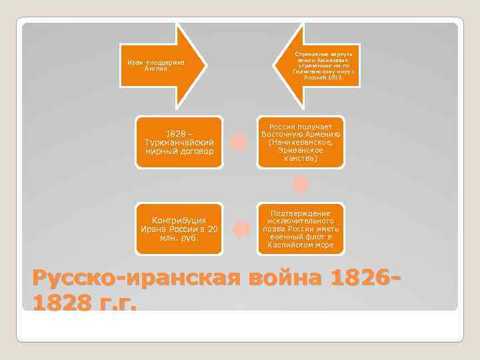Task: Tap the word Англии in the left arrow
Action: click(x=155, y=69)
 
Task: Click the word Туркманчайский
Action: click(x=179, y=143)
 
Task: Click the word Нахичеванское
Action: click(x=305, y=143)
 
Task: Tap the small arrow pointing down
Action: click(x=302, y=183)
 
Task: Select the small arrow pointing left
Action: click(x=239, y=229)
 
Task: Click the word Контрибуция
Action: click(x=179, y=221)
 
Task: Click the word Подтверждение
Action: click(x=302, y=213)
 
